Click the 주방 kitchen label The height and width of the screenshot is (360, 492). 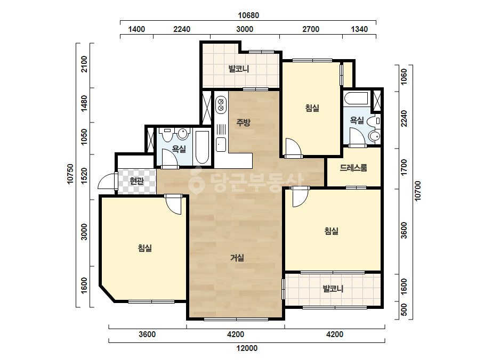244,122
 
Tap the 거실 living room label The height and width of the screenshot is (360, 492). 237,258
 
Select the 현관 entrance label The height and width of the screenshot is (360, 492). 137,181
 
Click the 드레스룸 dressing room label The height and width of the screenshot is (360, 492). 353,168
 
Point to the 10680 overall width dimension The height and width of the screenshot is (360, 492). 248,15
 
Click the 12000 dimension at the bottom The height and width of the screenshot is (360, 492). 247,348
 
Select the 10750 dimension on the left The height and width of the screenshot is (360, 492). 70,174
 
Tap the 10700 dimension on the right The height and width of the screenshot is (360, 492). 417,191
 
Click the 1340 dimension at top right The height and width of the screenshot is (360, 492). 359,29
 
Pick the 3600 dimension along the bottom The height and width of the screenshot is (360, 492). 147,334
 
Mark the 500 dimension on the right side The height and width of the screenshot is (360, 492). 404,309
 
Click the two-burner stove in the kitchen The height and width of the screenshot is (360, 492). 221,105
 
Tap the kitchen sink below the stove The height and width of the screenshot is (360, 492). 221,144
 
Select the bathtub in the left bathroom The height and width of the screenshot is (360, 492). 202,148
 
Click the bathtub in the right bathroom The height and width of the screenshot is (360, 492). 356,98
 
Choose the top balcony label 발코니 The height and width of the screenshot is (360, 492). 239,69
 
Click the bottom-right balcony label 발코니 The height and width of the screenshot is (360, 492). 333,289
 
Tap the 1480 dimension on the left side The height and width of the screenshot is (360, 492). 84,103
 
